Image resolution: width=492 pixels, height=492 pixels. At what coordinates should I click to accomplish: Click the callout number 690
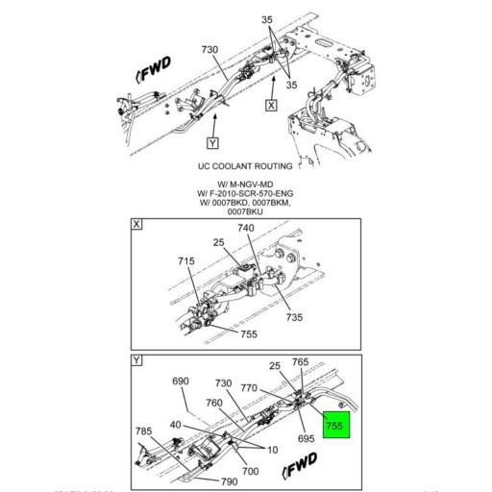[x=180, y=382]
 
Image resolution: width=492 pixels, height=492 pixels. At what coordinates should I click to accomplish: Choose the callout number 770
[x=277, y=388]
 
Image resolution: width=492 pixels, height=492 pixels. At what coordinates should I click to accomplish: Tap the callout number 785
[x=144, y=430]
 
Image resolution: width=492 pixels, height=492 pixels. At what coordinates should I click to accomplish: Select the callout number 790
[x=230, y=480]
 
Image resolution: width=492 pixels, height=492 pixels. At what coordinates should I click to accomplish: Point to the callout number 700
[x=251, y=471]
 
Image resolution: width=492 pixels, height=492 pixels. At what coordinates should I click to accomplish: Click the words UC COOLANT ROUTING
[x=245, y=166]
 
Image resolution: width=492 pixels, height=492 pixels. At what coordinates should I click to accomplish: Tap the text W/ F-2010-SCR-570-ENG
[x=246, y=194]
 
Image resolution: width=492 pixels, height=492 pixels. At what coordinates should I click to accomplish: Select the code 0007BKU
[x=246, y=213]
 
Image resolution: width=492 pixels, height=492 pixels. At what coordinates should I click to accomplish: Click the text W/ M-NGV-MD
[x=246, y=184]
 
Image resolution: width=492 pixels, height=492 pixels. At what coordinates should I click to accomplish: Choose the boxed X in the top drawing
[x=273, y=105]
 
